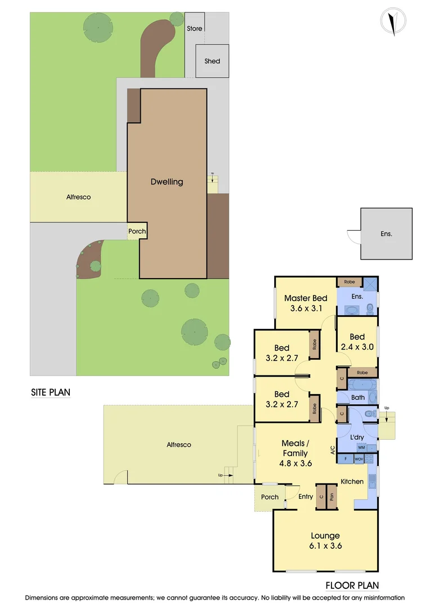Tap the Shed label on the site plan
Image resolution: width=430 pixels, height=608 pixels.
tap(212, 61)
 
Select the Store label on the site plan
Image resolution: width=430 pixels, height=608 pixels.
tap(194, 28)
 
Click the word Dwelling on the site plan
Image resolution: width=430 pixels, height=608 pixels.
tap(167, 182)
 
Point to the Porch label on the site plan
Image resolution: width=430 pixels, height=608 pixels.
tap(137, 231)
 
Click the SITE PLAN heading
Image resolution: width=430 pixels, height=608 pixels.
tap(51, 392)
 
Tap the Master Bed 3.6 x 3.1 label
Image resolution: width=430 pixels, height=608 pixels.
tap(306, 303)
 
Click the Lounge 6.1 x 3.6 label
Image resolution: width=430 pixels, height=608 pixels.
tap(325, 540)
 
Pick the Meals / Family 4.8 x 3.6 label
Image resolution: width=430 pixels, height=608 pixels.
tap(295, 453)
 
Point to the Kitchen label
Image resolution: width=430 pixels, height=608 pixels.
tap(352, 481)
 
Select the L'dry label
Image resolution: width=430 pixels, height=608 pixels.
tap(356, 437)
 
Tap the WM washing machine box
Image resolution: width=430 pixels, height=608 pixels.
tap(361, 447)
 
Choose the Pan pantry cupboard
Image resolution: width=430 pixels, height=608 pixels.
tap(332, 497)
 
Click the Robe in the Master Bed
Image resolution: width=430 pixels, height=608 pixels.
tap(345, 280)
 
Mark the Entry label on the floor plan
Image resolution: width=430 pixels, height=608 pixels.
tap(306, 497)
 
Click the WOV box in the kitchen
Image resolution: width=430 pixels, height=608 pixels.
tap(359, 459)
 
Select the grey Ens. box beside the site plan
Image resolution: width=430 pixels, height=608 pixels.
tap(386, 233)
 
